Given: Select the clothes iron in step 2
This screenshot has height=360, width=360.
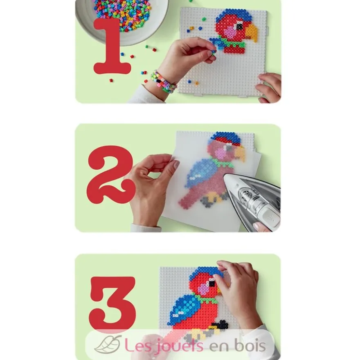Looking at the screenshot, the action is click(252, 202).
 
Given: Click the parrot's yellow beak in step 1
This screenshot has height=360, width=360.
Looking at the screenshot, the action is click(252, 33).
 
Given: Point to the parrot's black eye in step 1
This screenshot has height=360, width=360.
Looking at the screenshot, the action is click(239, 26).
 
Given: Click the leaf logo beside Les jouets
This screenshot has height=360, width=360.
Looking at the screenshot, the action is click(108, 344).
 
